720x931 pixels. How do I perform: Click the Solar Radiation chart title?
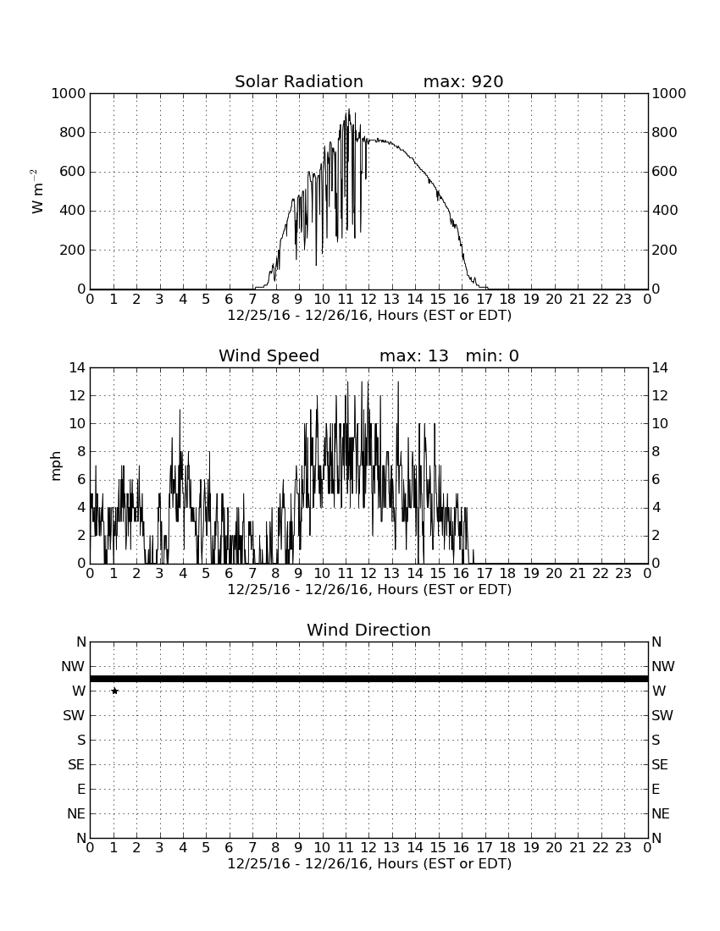299,81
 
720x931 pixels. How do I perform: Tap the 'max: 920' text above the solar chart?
463,81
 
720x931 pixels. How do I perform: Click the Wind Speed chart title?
269,355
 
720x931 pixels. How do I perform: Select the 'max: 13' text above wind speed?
414,355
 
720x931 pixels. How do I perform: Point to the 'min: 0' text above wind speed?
492,355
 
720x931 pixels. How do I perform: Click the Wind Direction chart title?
368,630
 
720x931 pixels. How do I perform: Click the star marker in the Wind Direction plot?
114,691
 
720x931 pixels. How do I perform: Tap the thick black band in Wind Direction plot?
369,679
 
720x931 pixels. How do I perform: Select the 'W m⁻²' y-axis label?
36,191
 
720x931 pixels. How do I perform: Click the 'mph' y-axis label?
56,466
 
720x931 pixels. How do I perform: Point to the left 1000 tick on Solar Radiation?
69,93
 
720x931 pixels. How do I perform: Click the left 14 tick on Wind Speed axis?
78,367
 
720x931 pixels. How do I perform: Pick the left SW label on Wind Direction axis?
75,715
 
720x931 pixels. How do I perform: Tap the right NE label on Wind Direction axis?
661,813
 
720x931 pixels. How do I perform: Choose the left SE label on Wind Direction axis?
76,765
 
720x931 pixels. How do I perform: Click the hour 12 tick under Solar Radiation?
368,300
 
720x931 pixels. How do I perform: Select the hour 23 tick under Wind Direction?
623,848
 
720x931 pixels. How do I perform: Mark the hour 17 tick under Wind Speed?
485,574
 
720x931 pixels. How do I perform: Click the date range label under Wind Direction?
369,863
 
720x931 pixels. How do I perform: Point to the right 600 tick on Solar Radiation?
665,172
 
